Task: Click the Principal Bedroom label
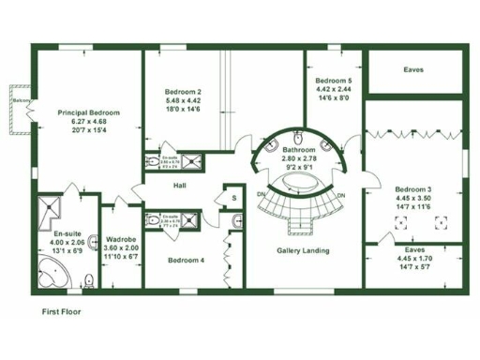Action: point(88,112)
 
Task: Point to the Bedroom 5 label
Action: point(334,81)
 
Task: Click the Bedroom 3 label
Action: point(412,189)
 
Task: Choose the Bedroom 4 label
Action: point(186,260)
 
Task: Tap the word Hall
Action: point(180,186)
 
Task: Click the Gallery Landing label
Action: point(303,250)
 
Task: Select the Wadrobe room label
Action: point(122,239)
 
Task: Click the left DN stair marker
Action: point(260,195)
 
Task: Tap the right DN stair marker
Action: point(342,195)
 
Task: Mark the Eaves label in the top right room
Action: point(412,69)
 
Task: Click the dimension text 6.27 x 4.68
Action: point(88,120)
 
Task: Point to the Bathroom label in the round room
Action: point(300,150)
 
